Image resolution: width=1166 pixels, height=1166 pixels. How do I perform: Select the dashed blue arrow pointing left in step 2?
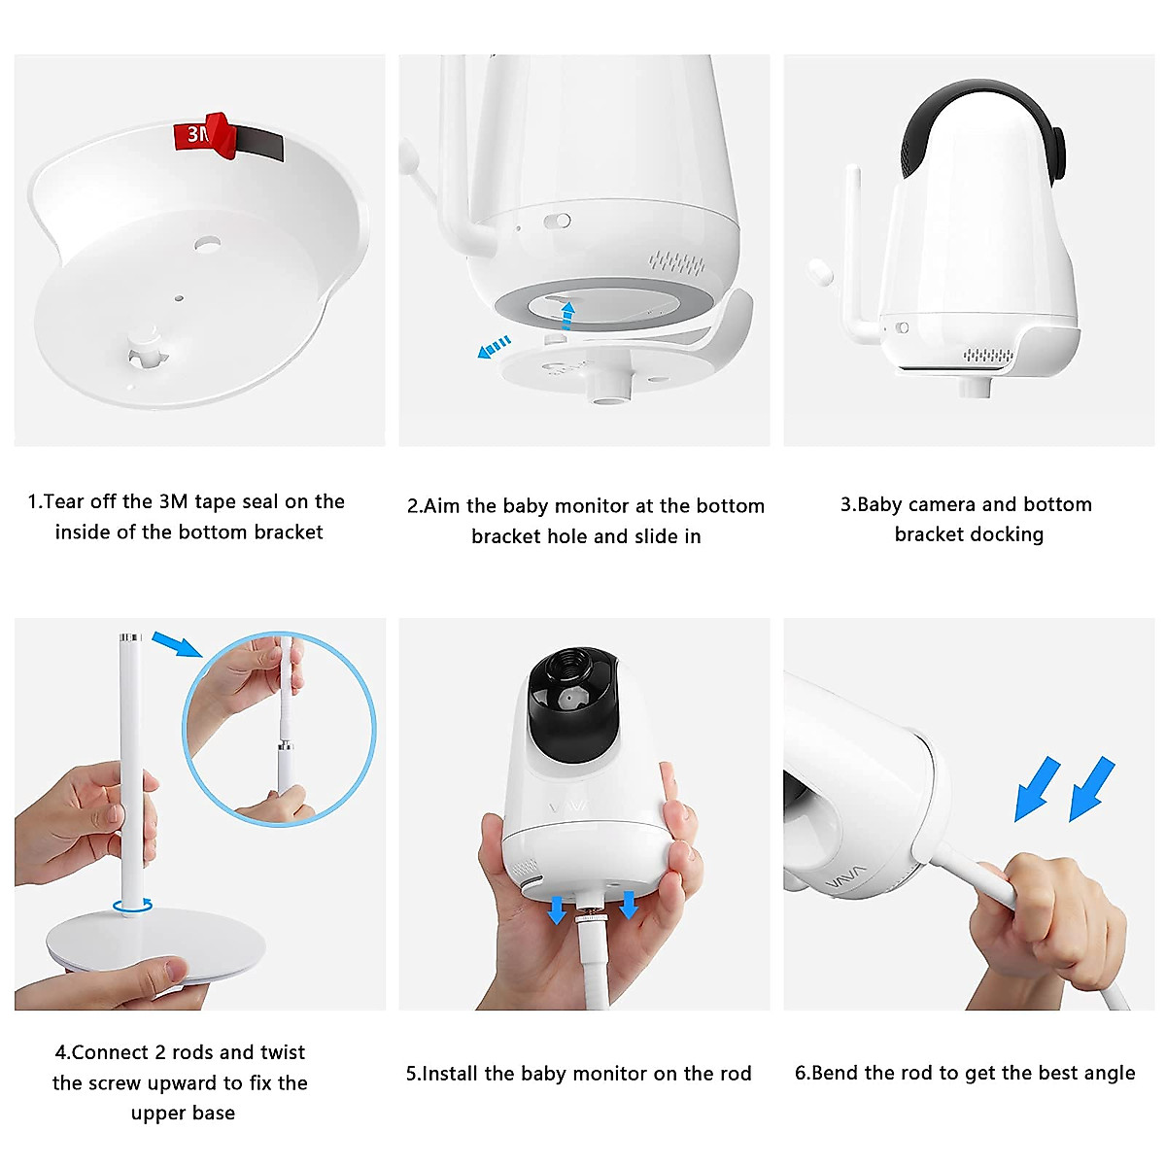click(495, 347)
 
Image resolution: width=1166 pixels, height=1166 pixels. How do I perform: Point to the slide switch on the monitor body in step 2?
click(557, 221)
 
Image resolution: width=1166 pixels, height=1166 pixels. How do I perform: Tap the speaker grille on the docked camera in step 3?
click(988, 356)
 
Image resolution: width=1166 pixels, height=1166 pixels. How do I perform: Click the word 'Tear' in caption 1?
click(64, 501)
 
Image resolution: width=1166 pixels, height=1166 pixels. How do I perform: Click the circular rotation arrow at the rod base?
click(132, 906)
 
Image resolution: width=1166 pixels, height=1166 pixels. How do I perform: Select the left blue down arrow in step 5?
click(556, 909)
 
